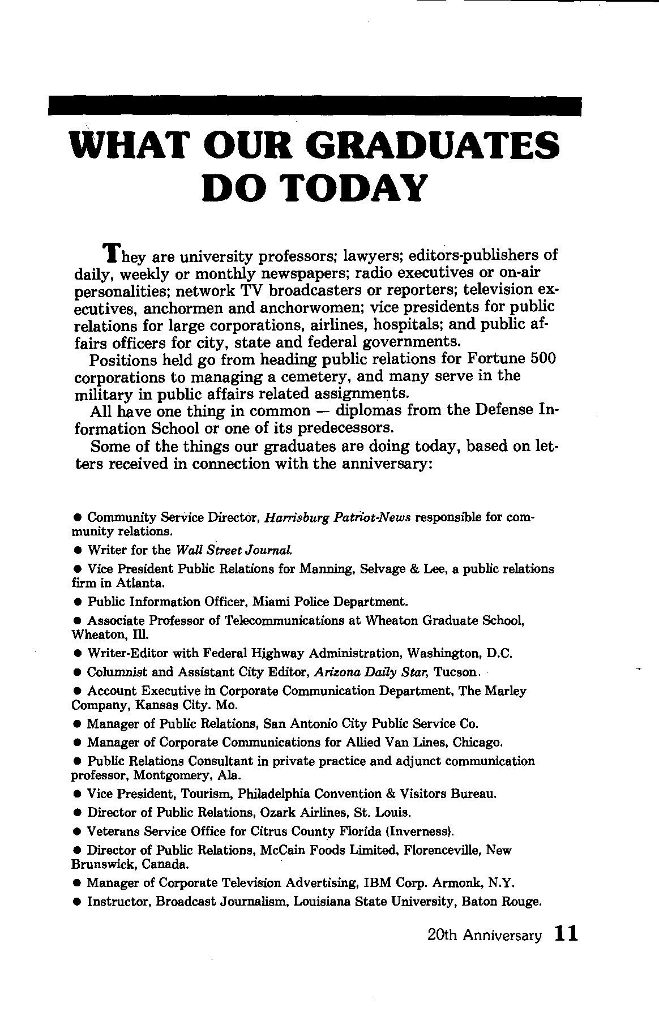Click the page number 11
click(x=566, y=933)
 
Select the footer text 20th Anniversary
click(x=485, y=935)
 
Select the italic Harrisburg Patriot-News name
click(x=337, y=517)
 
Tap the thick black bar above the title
click(x=315, y=106)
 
